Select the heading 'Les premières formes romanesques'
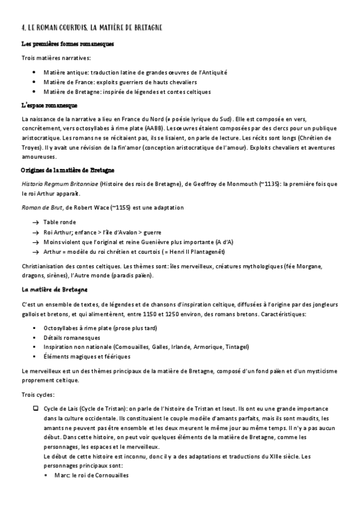coord(67,45)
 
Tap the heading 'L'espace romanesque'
coord(53,105)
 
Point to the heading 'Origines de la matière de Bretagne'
coord(68,171)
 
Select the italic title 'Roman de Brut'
coord(38,207)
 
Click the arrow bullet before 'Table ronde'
coord(35,221)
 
